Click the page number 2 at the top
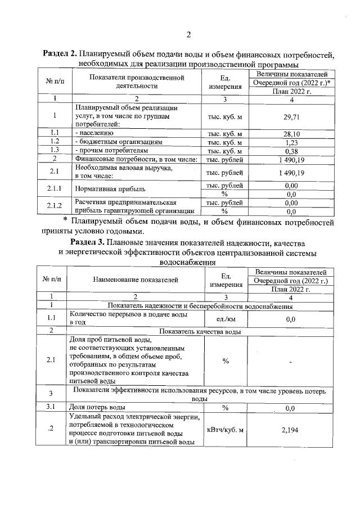(x=188, y=35)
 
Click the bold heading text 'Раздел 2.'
(x=60, y=55)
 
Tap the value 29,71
(x=291, y=116)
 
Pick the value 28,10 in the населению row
(x=291, y=134)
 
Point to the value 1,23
(x=291, y=143)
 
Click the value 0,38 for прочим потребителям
(x=291, y=151)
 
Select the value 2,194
(x=291, y=430)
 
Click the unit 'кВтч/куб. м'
(x=225, y=430)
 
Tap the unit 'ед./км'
(x=225, y=319)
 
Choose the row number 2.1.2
(x=54, y=207)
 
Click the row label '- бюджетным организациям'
(x=118, y=143)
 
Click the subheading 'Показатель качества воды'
(x=200, y=331)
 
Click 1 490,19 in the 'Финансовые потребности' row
(x=291, y=160)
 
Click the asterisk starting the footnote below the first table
(x=65, y=220)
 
